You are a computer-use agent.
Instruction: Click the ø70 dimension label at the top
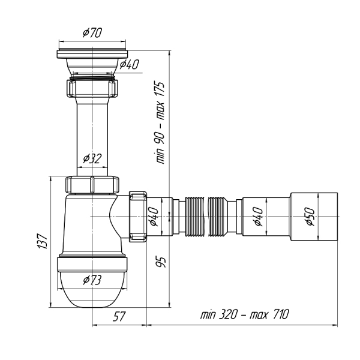[92, 33]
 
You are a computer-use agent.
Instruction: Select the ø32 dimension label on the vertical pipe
[92, 158]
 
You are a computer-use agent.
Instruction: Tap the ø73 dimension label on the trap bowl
[92, 280]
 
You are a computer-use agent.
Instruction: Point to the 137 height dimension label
[43, 241]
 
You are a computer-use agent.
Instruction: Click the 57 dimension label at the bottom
[119, 316]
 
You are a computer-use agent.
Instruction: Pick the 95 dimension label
[161, 262]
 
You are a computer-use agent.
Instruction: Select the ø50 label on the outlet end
[310, 217]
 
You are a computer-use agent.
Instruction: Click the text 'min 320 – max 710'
[245, 314]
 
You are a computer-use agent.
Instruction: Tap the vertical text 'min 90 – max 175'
[160, 122]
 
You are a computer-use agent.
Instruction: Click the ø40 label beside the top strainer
[129, 65]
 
